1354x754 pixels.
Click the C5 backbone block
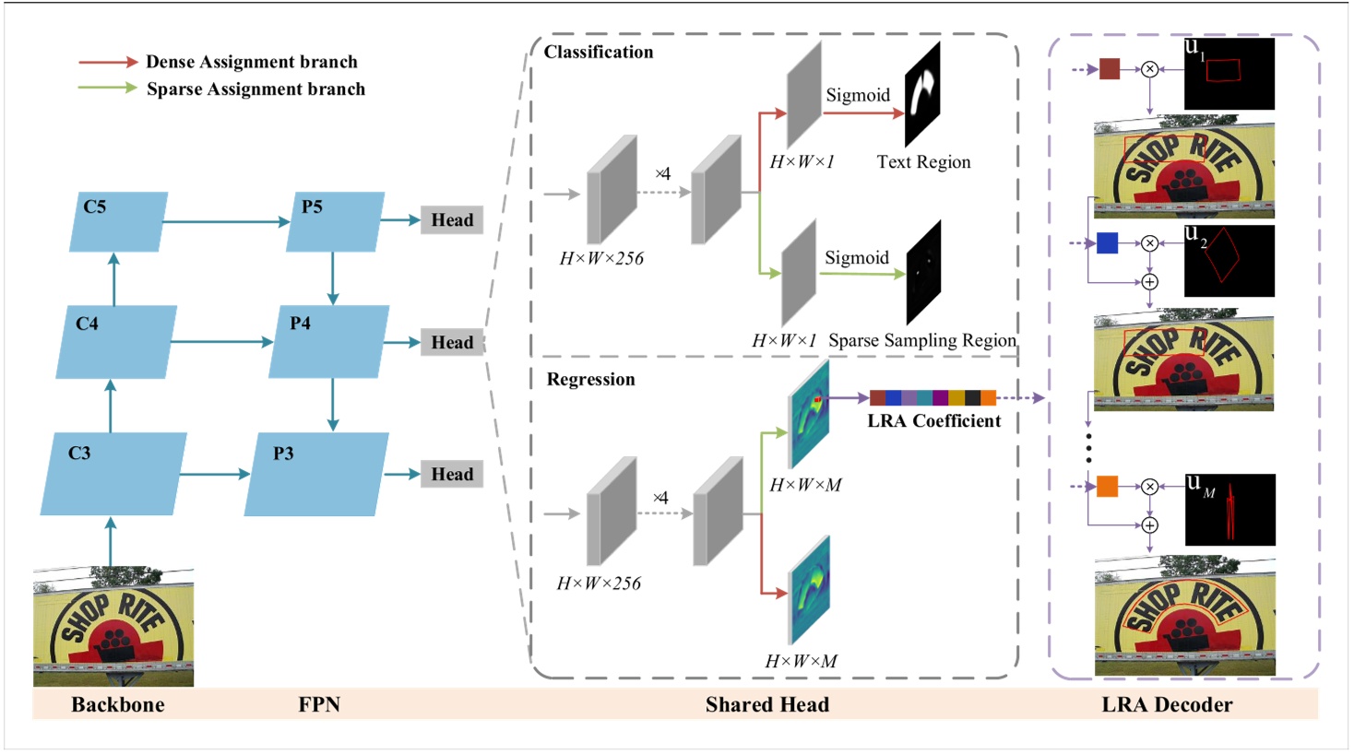click(x=118, y=222)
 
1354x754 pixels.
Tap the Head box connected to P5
click(x=452, y=220)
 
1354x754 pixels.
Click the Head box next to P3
click(x=452, y=475)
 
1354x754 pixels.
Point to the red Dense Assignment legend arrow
click(x=108, y=62)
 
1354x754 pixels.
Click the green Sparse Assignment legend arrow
click(x=108, y=88)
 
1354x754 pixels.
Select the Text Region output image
click(x=922, y=95)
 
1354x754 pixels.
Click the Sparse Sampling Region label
click(x=921, y=340)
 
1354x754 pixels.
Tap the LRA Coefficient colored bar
click(x=932, y=398)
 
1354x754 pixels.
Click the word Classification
click(x=599, y=53)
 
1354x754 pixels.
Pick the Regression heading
click(x=590, y=380)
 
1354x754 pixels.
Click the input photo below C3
click(x=113, y=627)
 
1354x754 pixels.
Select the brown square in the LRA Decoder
click(x=1110, y=69)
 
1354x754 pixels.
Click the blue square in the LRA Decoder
click(x=1108, y=243)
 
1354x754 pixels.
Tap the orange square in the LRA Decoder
click(x=1108, y=487)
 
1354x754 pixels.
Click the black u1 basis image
click(x=1229, y=74)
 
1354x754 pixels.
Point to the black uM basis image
click(x=1229, y=510)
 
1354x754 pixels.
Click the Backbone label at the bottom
click(x=118, y=705)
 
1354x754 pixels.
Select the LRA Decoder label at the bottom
click(x=1167, y=705)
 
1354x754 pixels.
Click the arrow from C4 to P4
click(x=221, y=342)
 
